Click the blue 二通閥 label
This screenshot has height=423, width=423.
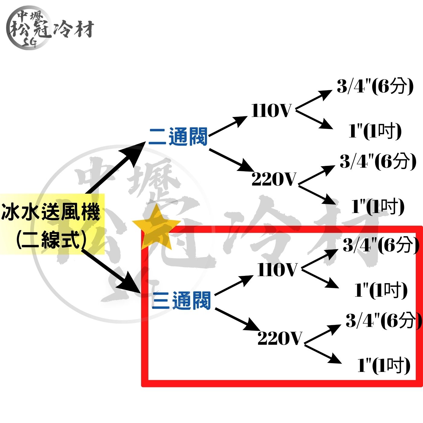click(x=178, y=137)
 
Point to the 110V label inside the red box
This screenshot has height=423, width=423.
click(x=277, y=270)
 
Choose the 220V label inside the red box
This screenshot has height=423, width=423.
click(x=279, y=338)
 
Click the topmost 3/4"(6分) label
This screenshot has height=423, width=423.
click(x=375, y=87)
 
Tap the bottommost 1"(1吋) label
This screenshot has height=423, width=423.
click(x=384, y=365)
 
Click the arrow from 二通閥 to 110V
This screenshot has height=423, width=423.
click(x=228, y=126)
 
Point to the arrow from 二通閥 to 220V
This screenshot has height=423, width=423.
click(x=231, y=160)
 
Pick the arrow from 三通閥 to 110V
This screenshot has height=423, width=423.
click(x=234, y=286)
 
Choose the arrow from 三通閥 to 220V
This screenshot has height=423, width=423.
click(x=237, y=319)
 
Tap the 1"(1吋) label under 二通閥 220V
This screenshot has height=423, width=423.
click(x=378, y=207)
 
